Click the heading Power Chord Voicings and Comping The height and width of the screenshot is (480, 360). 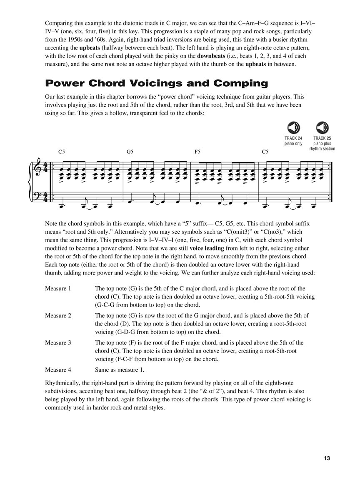tap(156, 83)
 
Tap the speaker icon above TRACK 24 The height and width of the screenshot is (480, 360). tap(294, 127)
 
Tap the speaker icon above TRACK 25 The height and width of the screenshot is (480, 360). tap(322, 127)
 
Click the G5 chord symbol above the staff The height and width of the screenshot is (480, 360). tap(130, 152)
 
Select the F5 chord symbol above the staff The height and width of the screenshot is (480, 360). tap(198, 152)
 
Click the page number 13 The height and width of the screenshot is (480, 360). tap(326, 459)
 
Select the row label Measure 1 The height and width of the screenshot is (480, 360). tap(58, 288)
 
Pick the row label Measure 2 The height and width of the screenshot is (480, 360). tap(58, 315)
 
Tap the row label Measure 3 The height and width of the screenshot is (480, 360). tap(58, 342)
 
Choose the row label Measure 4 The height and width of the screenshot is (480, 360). tap(58, 370)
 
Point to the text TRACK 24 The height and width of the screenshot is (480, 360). tap(294, 138)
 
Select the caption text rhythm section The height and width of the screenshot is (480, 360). tap(322, 149)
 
